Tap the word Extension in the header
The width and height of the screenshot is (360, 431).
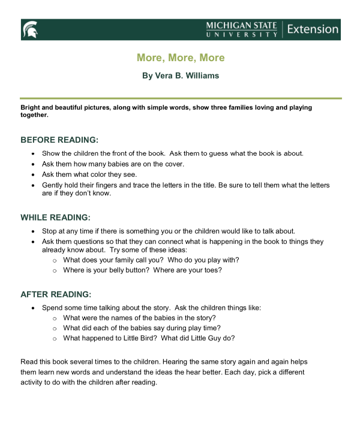pyautogui.click(x=312, y=29)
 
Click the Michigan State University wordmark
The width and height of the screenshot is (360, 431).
pyautogui.click(x=241, y=29)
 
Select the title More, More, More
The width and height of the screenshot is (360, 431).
pyautogui.click(x=180, y=58)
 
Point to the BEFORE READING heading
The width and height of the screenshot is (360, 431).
pyautogui.click(x=59, y=140)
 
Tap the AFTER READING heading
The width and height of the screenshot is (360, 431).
pyautogui.click(x=56, y=294)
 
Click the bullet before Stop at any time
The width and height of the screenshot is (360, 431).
pyautogui.click(x=32, y=231)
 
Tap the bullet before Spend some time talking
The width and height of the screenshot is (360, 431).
pyautogui.click(x=32, y=308)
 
